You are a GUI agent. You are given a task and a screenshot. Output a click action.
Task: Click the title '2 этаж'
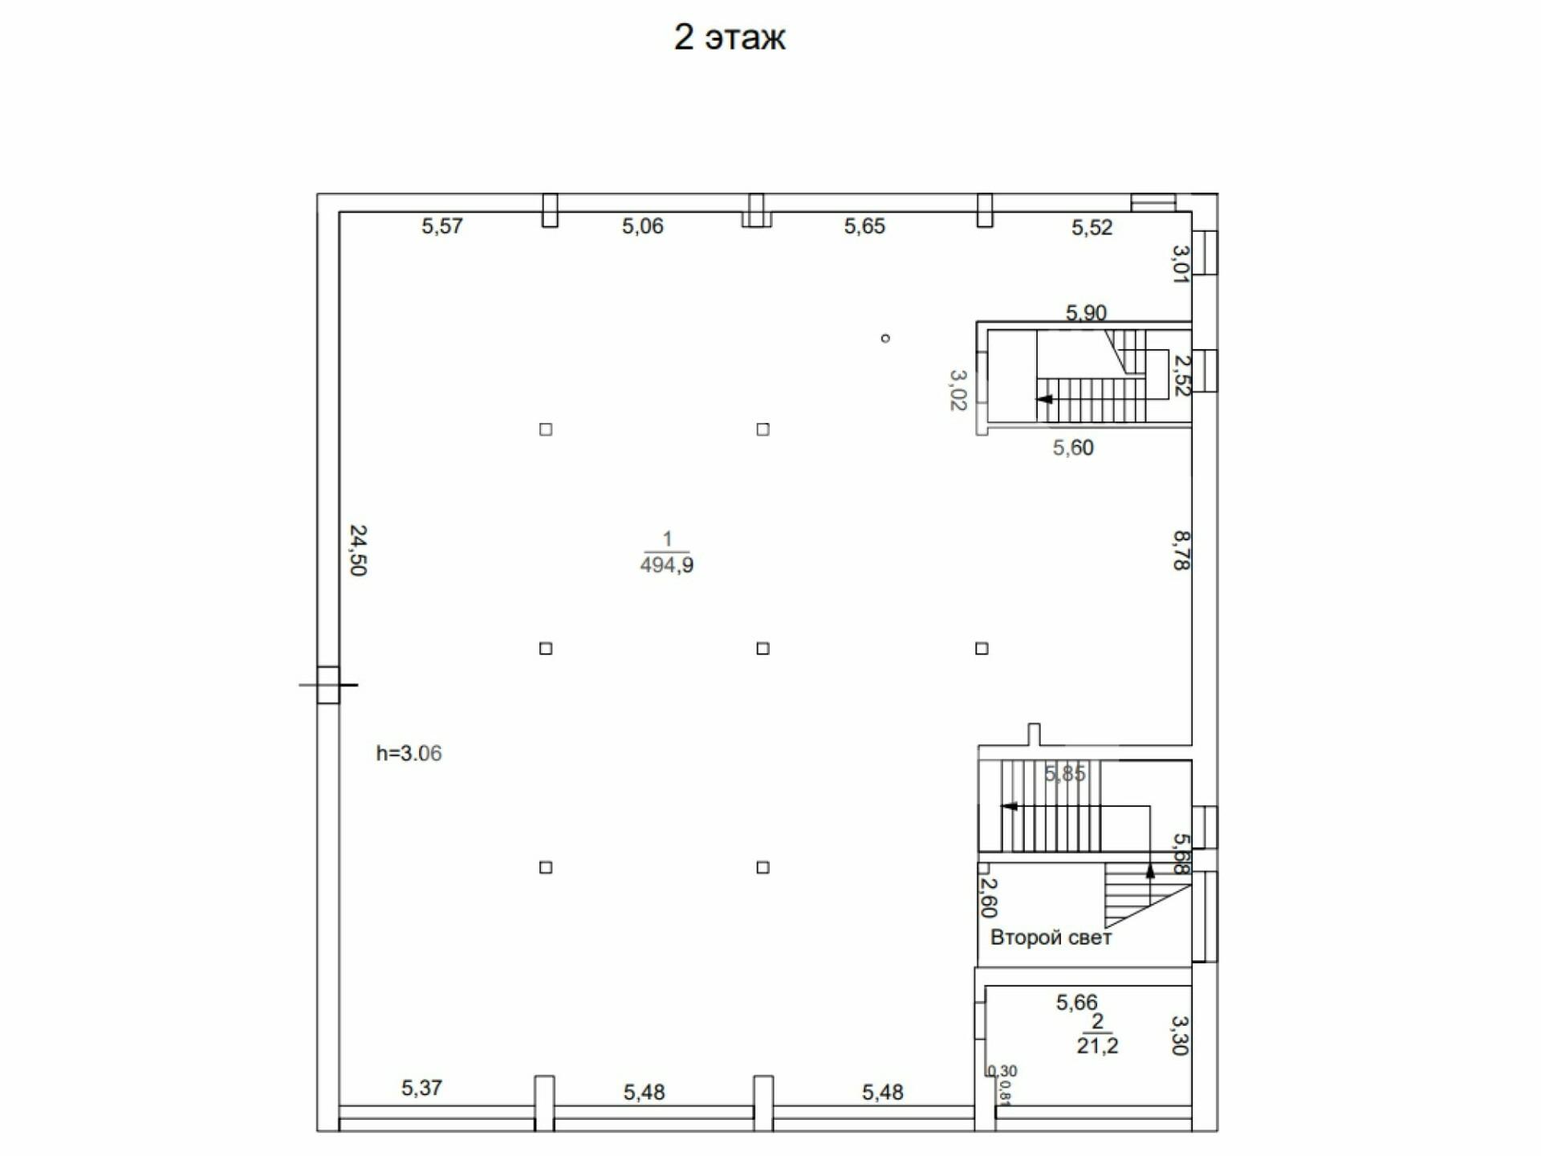pyautogui.click(x=730, y=38)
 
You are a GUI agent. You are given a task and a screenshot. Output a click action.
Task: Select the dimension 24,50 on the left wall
pyautogui.click(x=358, y=551)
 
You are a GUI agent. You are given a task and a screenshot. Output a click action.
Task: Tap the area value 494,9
pyautogui.click(x=667, y=565)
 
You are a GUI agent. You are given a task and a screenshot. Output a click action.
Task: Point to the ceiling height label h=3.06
pyautogui.click(x=409, y=753)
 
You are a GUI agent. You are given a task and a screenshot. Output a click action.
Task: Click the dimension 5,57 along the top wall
pyautogui.click(x=442, y=226)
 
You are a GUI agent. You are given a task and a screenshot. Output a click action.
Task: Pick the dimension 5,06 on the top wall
pyautogui.click(x=643, y=226)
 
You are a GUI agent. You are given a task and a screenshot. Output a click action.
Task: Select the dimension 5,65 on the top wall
pyautogui.click(x=864, y=226)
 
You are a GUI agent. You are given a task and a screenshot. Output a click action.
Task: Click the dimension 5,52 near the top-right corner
pyautogui.click(x=1092, y=228)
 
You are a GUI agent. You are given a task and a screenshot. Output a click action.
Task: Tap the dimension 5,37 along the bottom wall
pyautogui.click(x=422, y=1089)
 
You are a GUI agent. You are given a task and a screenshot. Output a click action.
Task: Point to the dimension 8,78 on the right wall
pyautogui.click(x=1181, y=551)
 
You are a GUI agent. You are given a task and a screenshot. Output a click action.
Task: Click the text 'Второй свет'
pyautogui.click(x=1051, y=938)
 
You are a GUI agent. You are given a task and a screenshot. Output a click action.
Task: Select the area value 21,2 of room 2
pyautogui.click(x=1097, y=1045)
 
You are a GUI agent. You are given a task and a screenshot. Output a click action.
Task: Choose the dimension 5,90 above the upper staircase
pyautogui.click(x=1086, y=312)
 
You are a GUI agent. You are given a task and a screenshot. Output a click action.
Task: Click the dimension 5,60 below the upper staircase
pyautogui.click(x=1073, y=448)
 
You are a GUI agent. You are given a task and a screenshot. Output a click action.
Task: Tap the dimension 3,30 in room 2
pyautogui.click(x=1180, y=1036)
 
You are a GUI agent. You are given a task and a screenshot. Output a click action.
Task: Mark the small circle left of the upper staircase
pyautogui.click(x=885, y=339)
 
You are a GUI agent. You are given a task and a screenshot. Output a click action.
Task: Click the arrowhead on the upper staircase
pyautogui.click(x=1044, y=399)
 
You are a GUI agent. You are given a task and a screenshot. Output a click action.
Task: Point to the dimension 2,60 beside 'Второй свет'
pyautogui.click(x=989, y=898)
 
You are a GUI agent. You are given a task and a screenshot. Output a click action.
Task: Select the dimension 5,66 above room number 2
pyautogui.click(x=1076, y=1003)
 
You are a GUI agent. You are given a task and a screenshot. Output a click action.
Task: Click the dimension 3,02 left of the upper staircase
pyautogui.click(x=958, y=390)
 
